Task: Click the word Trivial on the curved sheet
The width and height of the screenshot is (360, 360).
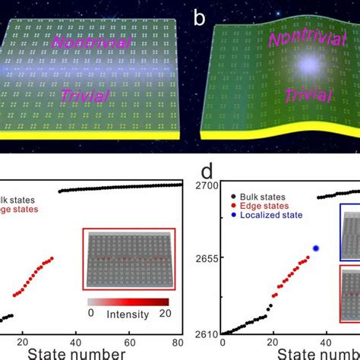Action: [288, 96]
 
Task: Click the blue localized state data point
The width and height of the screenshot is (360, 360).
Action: [316, 248]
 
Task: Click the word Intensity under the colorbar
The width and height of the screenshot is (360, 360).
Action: [128, 312]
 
